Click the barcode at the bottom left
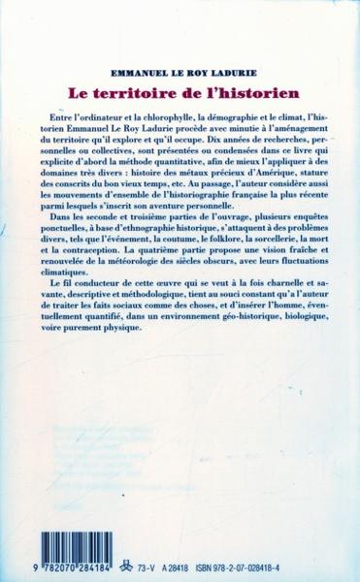point(79,538)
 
